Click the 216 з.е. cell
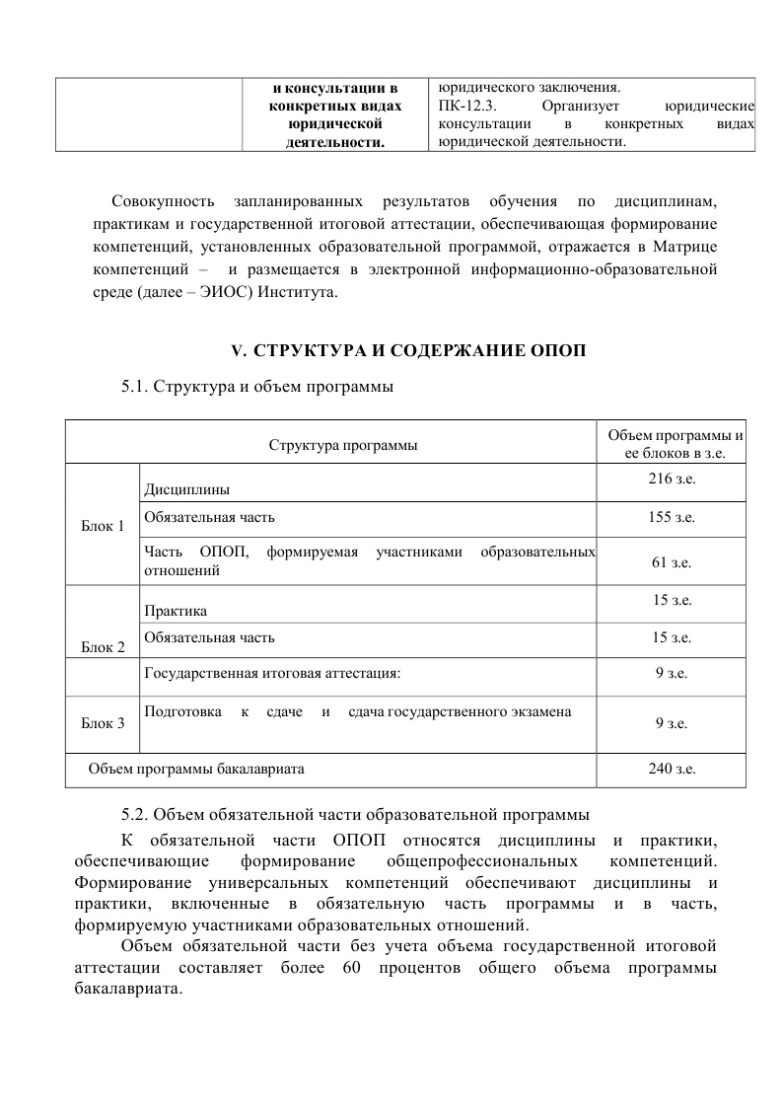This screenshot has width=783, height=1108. (x=671, y=479)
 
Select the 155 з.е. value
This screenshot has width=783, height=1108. (x=671, y=516)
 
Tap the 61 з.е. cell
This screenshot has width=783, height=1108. (x=671, y=562)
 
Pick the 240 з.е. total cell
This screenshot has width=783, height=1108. (x=671, y=769)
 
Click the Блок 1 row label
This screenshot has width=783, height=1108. (x=103, y=525)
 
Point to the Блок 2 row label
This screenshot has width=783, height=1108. (x=103, y=647)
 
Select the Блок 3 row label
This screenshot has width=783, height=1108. (x=103, y=723)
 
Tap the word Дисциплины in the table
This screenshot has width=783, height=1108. (x=187, y=489)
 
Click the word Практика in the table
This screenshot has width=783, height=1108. (x=176, y=612)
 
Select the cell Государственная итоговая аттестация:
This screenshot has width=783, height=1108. (x=272, y=674)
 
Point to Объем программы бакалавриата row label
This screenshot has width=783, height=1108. (x=196, y=769)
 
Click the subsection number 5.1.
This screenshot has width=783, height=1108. (x=135, y=387)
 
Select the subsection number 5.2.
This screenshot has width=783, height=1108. (x=135, y=815)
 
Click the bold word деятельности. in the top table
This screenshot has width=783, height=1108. (x=334, y=143)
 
